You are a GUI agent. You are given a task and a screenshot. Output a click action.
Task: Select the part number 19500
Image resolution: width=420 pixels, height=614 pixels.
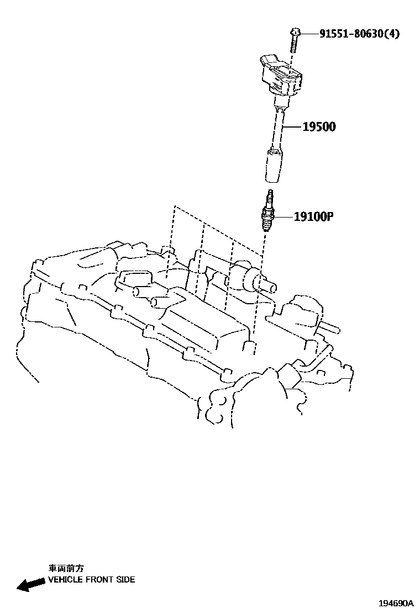point(319,127)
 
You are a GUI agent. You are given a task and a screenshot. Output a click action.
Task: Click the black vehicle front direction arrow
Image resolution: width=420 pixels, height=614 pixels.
point(31,583)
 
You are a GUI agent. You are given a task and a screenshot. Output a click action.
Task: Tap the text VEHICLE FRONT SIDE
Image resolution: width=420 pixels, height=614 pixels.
point(91,580)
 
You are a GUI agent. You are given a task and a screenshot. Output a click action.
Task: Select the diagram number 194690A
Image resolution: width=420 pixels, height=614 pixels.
point(396,604)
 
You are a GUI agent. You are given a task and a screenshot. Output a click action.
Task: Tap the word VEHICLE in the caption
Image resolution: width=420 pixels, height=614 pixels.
point(65,580)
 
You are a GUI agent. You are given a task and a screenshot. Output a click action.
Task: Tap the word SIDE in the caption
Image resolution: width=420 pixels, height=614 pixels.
point(125,580)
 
